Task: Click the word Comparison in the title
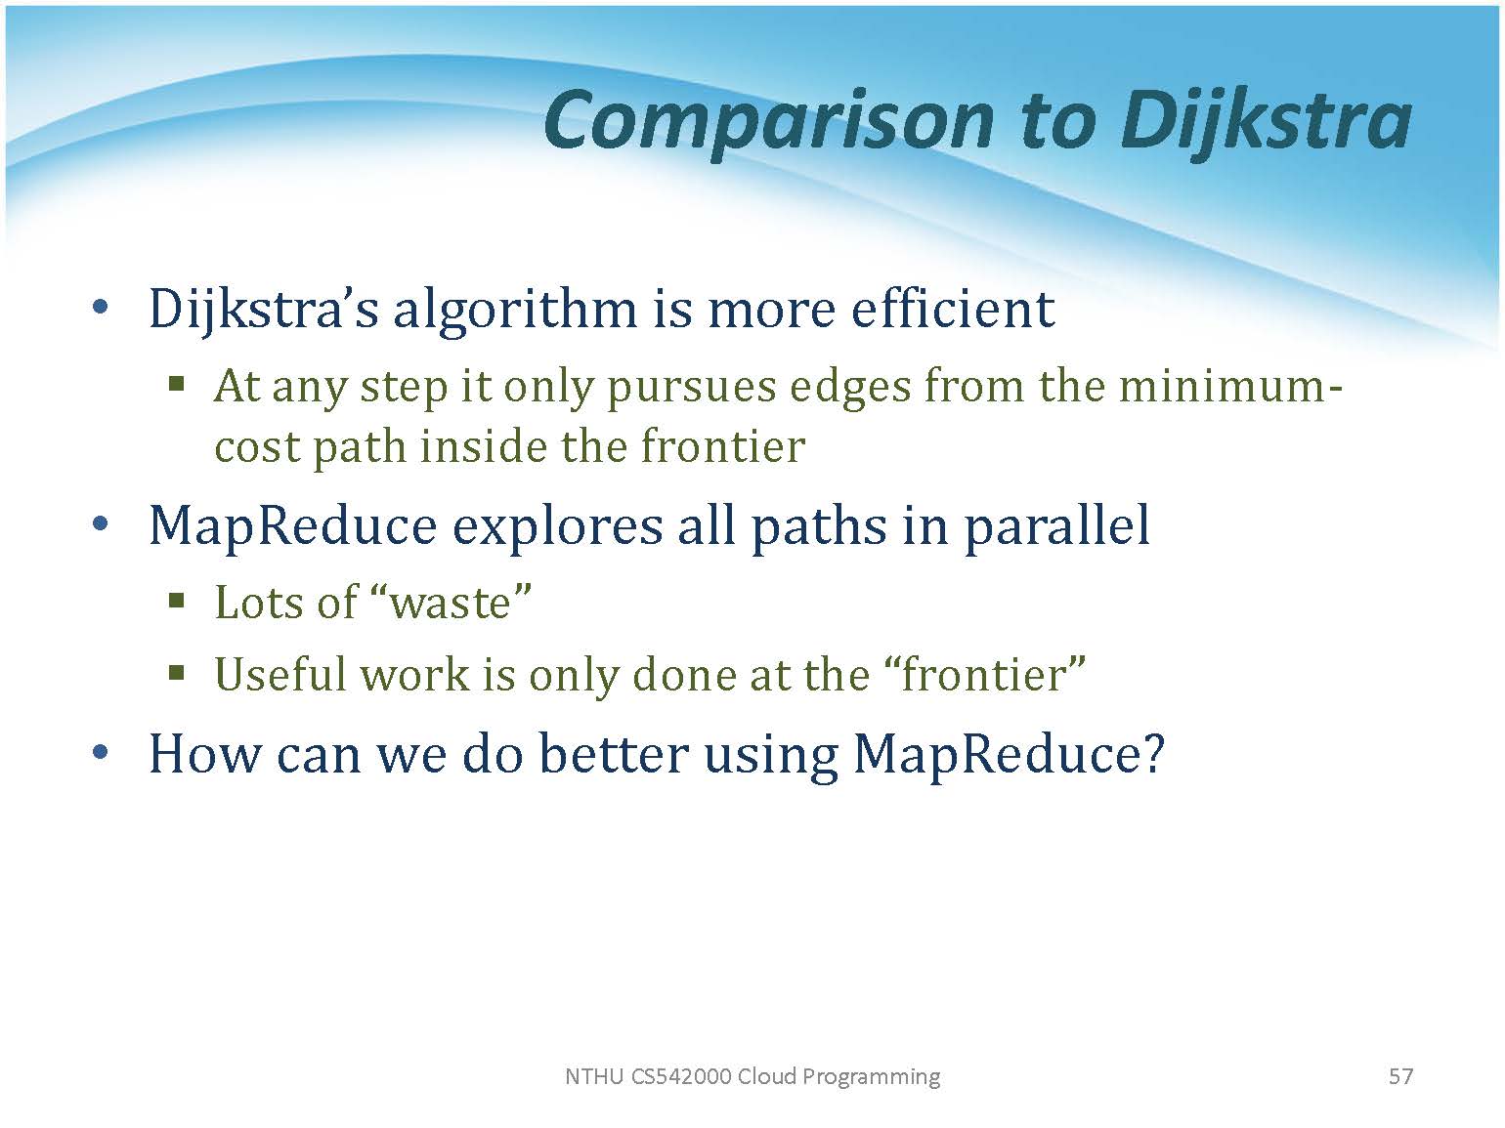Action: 768,123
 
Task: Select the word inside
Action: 483,446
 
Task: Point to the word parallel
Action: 1056,526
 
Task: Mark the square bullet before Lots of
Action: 177,602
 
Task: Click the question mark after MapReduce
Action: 1154,754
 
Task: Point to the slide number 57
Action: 1400,1076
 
